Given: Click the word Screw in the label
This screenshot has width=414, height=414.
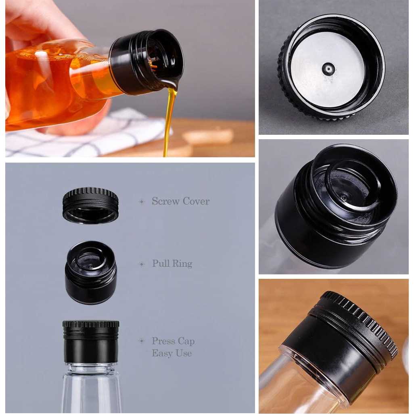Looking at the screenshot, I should [x=164, y=201].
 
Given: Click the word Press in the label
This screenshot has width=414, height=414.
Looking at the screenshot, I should [x=163, y=341].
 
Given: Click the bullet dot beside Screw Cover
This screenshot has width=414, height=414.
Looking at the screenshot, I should [x=142, y=201].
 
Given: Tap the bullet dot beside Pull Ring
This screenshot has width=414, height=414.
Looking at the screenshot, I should [x=142, y=264].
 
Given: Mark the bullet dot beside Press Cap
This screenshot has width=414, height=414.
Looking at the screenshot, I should [x=142, y=341].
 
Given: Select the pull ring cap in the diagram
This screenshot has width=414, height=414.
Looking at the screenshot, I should [x=91, y=272].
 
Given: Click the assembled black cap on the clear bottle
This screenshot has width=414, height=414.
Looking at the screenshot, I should [x=91, y=341].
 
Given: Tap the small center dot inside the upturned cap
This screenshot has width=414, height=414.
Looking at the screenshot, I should [x=328, y=69].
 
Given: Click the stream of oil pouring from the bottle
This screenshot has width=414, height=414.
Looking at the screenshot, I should [x=168, y=121].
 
